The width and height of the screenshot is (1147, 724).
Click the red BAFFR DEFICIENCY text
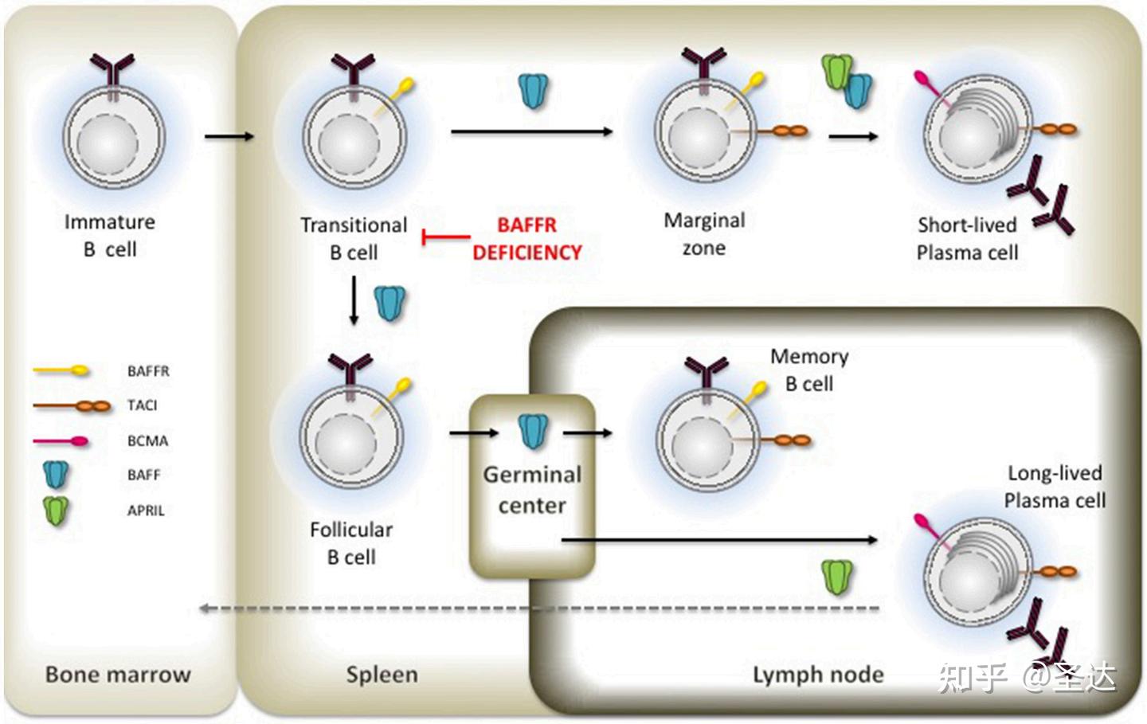[527, 239]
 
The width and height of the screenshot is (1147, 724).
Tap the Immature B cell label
[110, 236]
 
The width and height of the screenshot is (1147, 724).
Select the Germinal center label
[532, 490]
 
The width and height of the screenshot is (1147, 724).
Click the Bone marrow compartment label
[118, 675]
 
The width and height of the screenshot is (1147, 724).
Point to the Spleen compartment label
[382, 675]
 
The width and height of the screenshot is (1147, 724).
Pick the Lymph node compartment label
[818, 675]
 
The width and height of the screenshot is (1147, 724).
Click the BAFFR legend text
[148, 371]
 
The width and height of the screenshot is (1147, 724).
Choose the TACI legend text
[143, 405]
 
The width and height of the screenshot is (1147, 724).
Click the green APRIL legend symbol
[56, 511]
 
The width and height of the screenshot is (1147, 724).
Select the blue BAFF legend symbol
[56, 475]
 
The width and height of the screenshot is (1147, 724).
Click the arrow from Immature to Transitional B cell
[229, 137]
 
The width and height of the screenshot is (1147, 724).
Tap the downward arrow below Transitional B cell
[354, 300]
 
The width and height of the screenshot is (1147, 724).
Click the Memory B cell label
[809, 370]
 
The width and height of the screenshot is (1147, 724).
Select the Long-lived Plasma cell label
[1055, 487]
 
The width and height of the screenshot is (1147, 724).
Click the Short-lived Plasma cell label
[967, 239]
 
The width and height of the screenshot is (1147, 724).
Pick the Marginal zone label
[705, 234]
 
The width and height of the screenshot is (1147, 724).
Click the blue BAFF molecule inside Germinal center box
[533, 431]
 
